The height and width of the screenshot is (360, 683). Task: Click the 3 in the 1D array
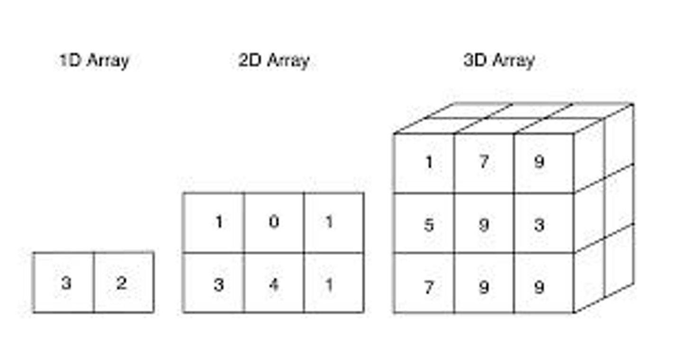(66, 283)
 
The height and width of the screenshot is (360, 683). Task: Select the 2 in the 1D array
(121, 283)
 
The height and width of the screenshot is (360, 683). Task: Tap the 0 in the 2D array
(274, 222)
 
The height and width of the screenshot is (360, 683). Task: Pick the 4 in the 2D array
(274, 285)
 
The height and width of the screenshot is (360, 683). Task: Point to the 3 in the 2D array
(218, 285)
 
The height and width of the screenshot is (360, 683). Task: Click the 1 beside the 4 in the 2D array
(329, 285)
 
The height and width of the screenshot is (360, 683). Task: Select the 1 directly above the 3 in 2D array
(219, 222)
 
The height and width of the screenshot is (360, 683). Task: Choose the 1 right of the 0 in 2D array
(329, 222)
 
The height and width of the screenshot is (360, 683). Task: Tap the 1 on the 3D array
(429, 163)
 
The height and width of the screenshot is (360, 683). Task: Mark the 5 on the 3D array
(429, 225)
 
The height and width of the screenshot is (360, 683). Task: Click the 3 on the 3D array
(539, 225)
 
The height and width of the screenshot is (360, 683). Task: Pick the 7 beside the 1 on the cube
(483, 163)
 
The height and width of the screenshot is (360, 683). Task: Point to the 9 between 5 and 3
(483, 225)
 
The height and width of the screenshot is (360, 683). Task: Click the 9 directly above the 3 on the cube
(539, 163)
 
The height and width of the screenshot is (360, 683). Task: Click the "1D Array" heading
(94, 61)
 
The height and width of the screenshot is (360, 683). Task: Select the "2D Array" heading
(274, 61)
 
